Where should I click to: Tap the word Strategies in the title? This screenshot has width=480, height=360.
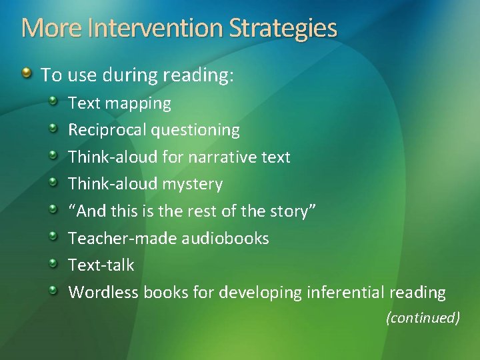(283, 29)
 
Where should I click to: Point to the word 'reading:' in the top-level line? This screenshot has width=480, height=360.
(205, 75)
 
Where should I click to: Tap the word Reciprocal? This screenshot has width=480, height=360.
(107, 130)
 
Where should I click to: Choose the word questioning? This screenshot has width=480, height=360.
(195, 130)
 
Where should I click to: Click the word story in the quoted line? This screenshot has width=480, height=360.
(287, 211)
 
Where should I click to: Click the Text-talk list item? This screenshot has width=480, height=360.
(101, 265)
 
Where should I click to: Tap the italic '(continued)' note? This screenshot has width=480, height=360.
(423, 318)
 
